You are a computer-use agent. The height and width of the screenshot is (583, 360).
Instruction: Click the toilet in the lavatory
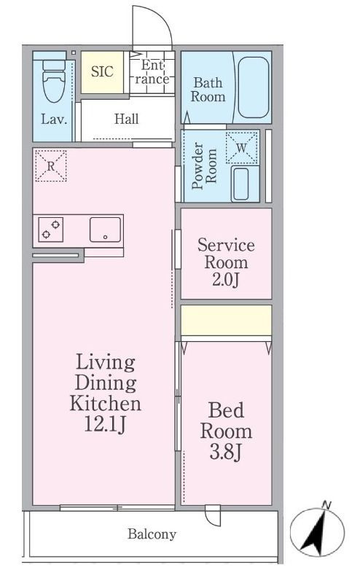[x=55, y=80]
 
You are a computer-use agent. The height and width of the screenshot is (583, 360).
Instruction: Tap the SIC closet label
[x=102, y=71]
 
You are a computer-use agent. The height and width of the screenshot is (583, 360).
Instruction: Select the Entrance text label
[x=152, y=72]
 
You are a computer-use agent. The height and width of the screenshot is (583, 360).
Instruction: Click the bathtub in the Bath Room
[x=254, y=87]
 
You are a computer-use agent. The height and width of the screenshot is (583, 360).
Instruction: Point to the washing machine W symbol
[x=242, y=148]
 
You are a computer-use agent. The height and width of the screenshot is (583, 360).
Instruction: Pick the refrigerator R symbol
[x=51, y=166]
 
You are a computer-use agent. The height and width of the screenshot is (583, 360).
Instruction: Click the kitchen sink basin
[x=105, y=230]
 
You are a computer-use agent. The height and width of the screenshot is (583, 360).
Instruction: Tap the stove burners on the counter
[x=50, y=230]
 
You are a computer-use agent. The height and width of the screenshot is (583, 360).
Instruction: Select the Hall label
[x=127, y=119]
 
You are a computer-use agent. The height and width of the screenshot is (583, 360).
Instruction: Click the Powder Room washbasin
[x=240, y=184]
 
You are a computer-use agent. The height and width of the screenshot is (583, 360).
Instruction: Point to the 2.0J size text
[x=225, y=280]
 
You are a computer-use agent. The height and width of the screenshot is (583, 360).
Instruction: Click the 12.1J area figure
[x=105, y=424]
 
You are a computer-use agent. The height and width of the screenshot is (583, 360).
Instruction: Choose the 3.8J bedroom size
[x=226, y=452]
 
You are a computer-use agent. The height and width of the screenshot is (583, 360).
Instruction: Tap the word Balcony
[x=152, y=534]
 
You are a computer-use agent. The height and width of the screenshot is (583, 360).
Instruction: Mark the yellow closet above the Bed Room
[x=226, y=320]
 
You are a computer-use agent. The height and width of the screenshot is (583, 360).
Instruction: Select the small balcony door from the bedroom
[x=212, y=515]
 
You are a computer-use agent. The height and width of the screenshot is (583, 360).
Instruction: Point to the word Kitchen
[x=106, y=404]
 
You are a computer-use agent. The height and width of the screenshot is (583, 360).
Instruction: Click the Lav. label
[x=54, y=120]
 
